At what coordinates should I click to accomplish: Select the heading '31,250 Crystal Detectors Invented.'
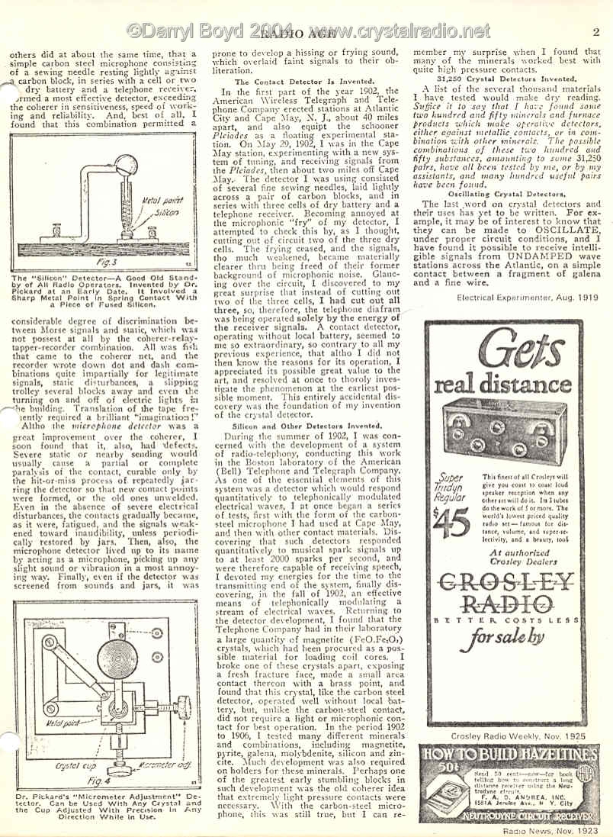point(505,79)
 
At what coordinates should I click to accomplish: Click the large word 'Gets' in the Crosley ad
point(506,355)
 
